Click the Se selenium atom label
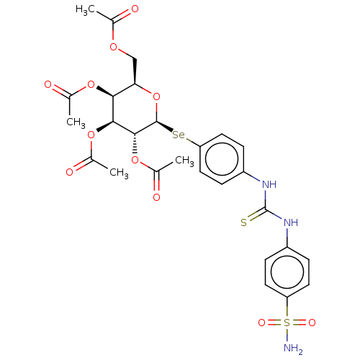[179, 135]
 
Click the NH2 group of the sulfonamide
[293, 348]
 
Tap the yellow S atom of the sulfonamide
[287, 323]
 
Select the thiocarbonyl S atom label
[243, 222]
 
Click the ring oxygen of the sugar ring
[156, 97]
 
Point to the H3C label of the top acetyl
[85, 10]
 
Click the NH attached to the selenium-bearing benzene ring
[269, 184]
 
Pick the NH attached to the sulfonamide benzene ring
[291, 222]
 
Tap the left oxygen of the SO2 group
[261, 323]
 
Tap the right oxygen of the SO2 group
[312, 323]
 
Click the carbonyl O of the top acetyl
[135, 9]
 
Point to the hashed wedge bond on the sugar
[135, 143]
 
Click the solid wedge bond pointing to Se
[165, 126]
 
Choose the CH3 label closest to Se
[184, 161]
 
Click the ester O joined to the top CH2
[113, 47]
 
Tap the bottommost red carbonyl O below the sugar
[156, 197]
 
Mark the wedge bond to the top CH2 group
[135, 71]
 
